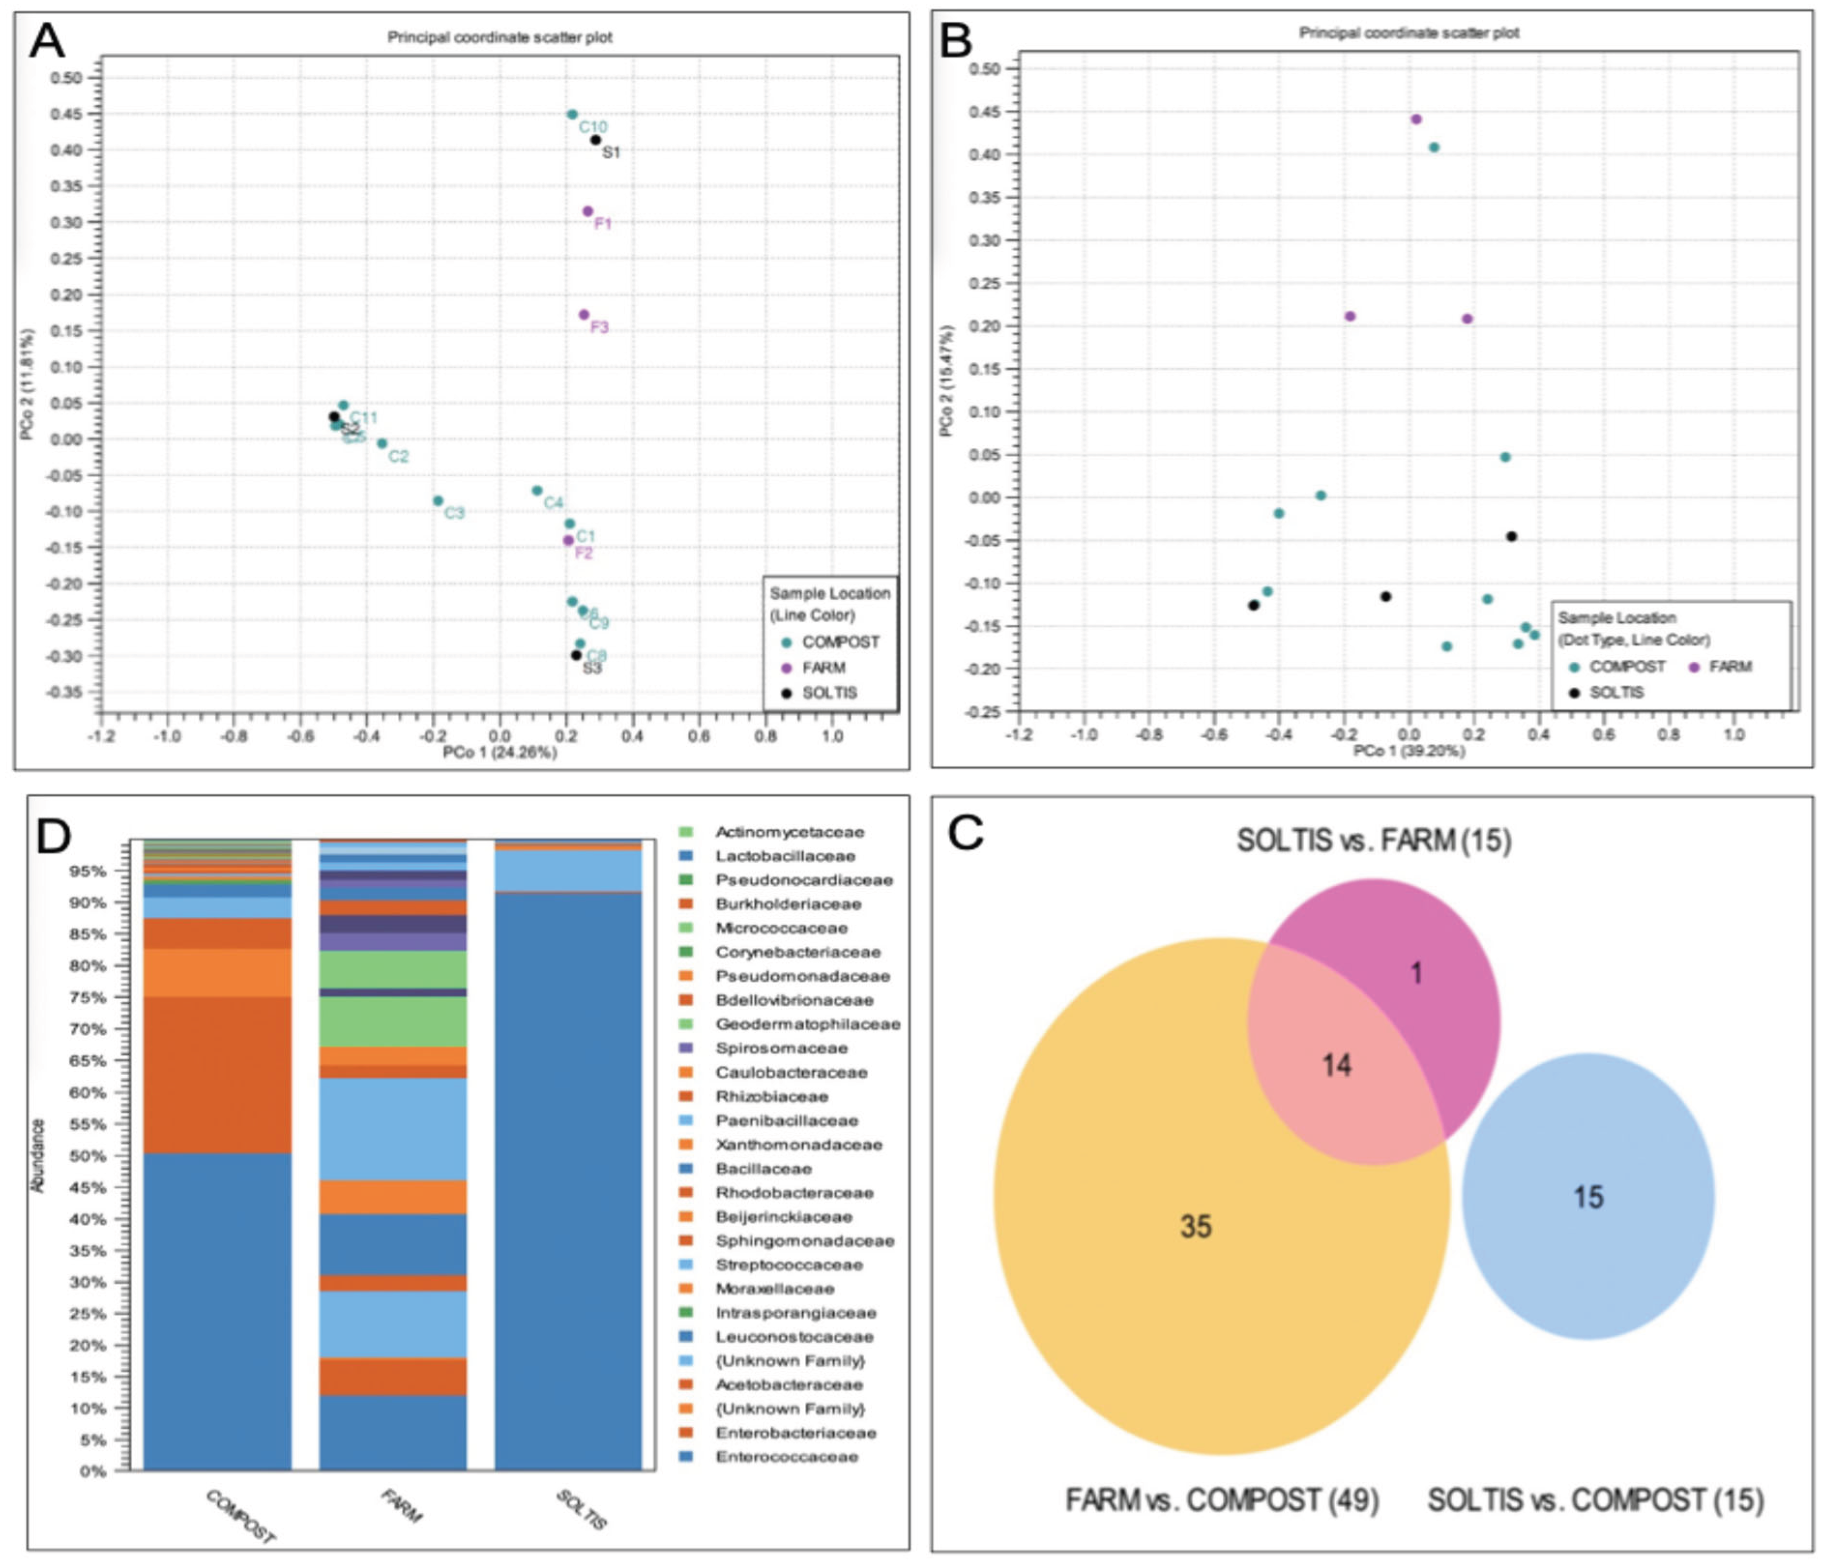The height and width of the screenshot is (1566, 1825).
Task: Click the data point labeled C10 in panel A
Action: coord(571,115)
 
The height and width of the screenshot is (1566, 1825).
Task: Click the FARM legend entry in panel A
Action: coord(823,667)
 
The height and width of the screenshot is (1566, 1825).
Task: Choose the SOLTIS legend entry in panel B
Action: coord(1615,692)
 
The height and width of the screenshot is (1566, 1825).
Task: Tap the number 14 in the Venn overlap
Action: coord(1336,1066)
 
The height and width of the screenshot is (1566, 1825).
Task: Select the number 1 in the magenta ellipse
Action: coord(1416,973)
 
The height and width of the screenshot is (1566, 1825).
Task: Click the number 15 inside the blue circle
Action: coord(1588,1197)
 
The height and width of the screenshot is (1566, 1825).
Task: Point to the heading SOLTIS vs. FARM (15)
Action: coord(1373,840)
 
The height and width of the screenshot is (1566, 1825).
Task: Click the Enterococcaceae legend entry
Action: coord(786,1457)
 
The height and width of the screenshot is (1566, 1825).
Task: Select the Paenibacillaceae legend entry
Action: coord(786,1120)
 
